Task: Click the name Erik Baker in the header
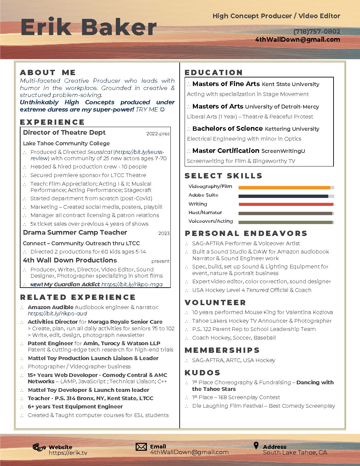point(88,27)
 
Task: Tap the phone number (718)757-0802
point(317,31)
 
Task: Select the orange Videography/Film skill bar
point(284,188)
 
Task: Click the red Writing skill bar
point(286,205)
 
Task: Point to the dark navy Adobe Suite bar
point(283,196)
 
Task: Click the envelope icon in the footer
point(141,447)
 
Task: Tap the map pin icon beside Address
point(256,445)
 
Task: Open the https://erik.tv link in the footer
point(68,453)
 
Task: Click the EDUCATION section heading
point(214,72)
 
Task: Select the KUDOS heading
point(202,373)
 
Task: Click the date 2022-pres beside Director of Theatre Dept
point(158,134)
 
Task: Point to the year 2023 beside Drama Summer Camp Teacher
point(164,233)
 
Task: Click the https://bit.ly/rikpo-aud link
point(57,313)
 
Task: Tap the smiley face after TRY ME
point(162,110)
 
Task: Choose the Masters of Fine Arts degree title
point(226,84)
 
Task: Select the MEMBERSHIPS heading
point(222,350)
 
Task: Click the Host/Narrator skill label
point(205,212)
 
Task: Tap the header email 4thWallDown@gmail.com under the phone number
point(297,39)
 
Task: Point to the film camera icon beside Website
point(39,447)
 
